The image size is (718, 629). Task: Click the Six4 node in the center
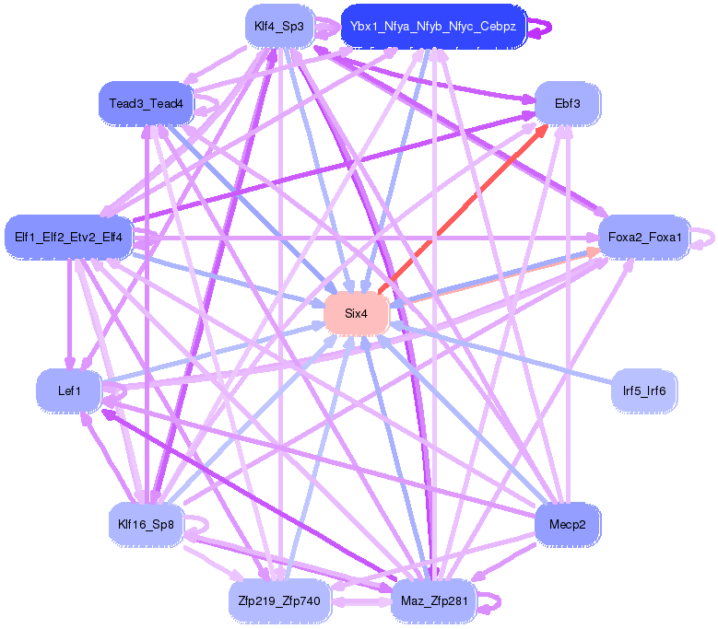point(356,314)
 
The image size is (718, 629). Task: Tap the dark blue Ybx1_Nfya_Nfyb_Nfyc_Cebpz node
point(432,27)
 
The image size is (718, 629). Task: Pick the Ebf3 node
point(568,103)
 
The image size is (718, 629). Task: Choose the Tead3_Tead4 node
point(146,103)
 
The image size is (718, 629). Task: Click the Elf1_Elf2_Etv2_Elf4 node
point(69,238)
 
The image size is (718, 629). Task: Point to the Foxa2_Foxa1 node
point(645,238)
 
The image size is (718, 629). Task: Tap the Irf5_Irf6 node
point(644,390)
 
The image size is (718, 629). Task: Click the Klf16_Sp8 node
point(146,525)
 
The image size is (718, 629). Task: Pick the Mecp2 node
point(568,525)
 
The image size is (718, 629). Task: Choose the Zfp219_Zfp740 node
point(278,602)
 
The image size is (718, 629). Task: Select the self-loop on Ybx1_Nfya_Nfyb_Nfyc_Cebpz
point(544,28)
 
